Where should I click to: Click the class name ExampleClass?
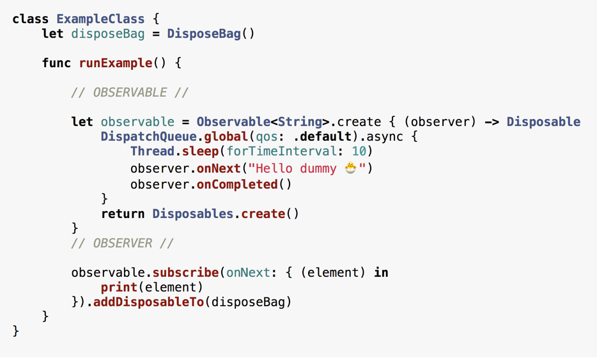click(x=100, y=19)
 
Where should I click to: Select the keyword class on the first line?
click(x=31, y=19)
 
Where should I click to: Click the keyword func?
click(x=56, y=63)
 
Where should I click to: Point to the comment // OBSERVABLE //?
click(x=130, y=93)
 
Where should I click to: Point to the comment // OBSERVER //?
click(x=122, y=244)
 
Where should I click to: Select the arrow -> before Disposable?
click(x=492, y=122)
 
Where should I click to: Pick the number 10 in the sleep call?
click(x=359, y=152)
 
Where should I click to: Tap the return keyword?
click(x=123, y=214)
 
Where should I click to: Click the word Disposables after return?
click(x=193, y=214)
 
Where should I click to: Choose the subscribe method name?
click(x=186, y=273)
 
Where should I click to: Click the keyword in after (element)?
click(x=381, y=273)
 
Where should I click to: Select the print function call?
click(x=119, y=287)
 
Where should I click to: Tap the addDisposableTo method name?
click(x=148, y=302)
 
